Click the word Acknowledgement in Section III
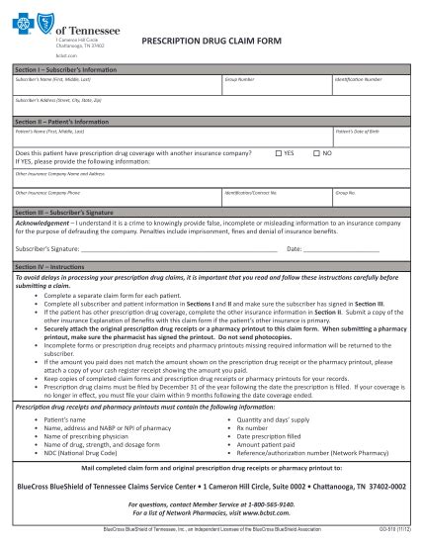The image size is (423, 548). pyautogui.click(x=41, y=225)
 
